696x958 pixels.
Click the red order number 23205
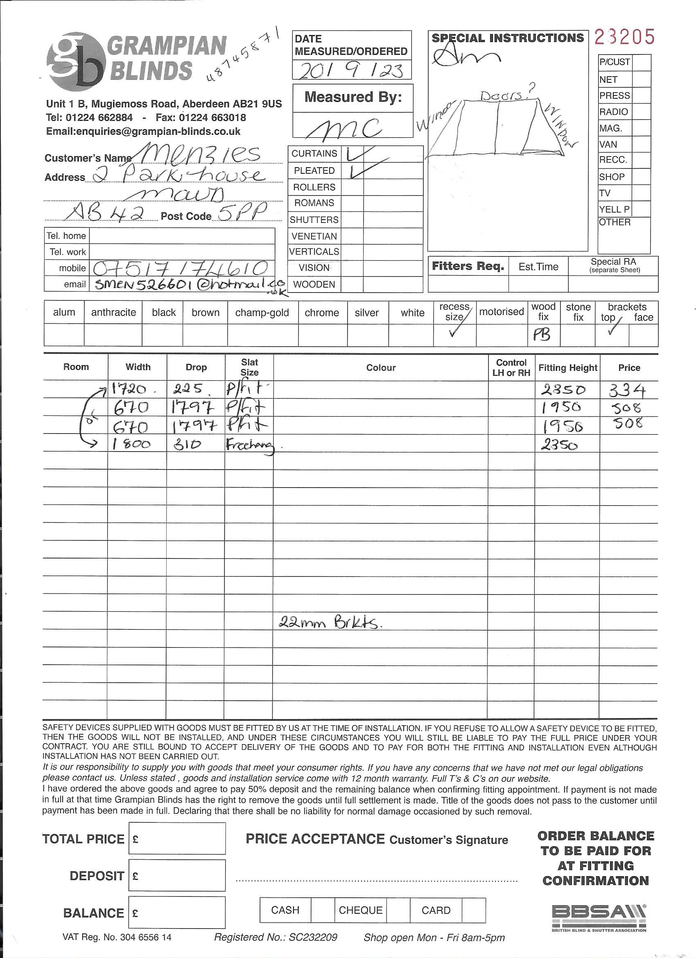tap(624, 37)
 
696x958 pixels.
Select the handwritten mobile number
tap(180, 268)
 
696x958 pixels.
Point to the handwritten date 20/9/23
tap(351, 70)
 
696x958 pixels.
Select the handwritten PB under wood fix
tap(542, 335)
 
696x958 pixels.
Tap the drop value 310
tap(188, 444)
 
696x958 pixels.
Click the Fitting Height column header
tap(567, 368)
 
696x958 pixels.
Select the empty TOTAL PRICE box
tap(177, 838)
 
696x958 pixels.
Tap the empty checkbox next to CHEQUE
tap(398, 910)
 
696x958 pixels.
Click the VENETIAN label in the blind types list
tap(314, 236)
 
